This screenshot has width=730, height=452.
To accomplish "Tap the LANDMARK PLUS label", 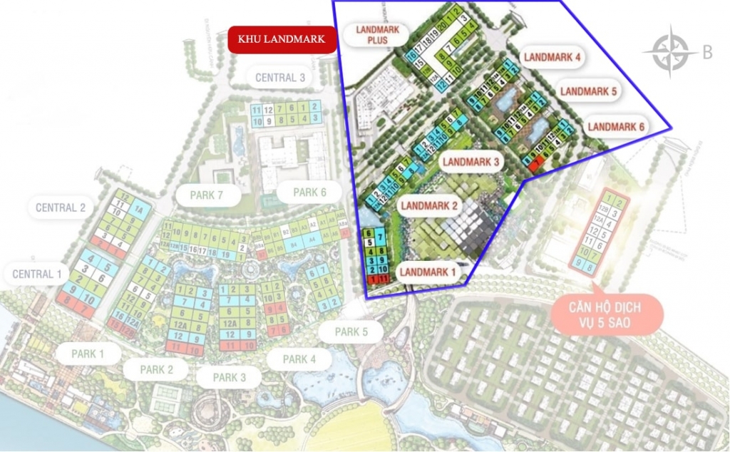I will pyautogui.click(x=376, y=35).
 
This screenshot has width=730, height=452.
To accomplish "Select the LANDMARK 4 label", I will pyautogui.click(x=552, y=57).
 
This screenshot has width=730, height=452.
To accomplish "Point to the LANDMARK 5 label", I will pyautogui.click(x=588, y=91).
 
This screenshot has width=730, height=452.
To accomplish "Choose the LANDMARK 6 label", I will pyautogui.click(x=617, y=127).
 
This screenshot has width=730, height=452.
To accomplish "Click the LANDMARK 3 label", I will pyautogui.click(x=471, y=162).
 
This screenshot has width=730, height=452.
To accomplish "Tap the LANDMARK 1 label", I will pyautogui.click(x=426, y=272).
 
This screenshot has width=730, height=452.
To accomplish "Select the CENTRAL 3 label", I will pyautogui.click(x=281, y=78).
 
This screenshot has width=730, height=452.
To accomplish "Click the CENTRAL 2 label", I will pyautogui.click(x=61, y=207).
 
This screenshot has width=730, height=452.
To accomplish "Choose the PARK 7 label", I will pyautogui.click(x=206, y=194).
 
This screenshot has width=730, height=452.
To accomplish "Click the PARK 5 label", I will pyautogui.click(x=351, y=332).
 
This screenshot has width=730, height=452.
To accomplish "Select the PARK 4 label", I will pyautogui.click(x=299, y=359).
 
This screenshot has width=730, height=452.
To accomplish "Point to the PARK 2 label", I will pyautogui.click(x=156, y=369).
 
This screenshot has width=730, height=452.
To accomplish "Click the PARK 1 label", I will pyautogui.click(x=88, y=353).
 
